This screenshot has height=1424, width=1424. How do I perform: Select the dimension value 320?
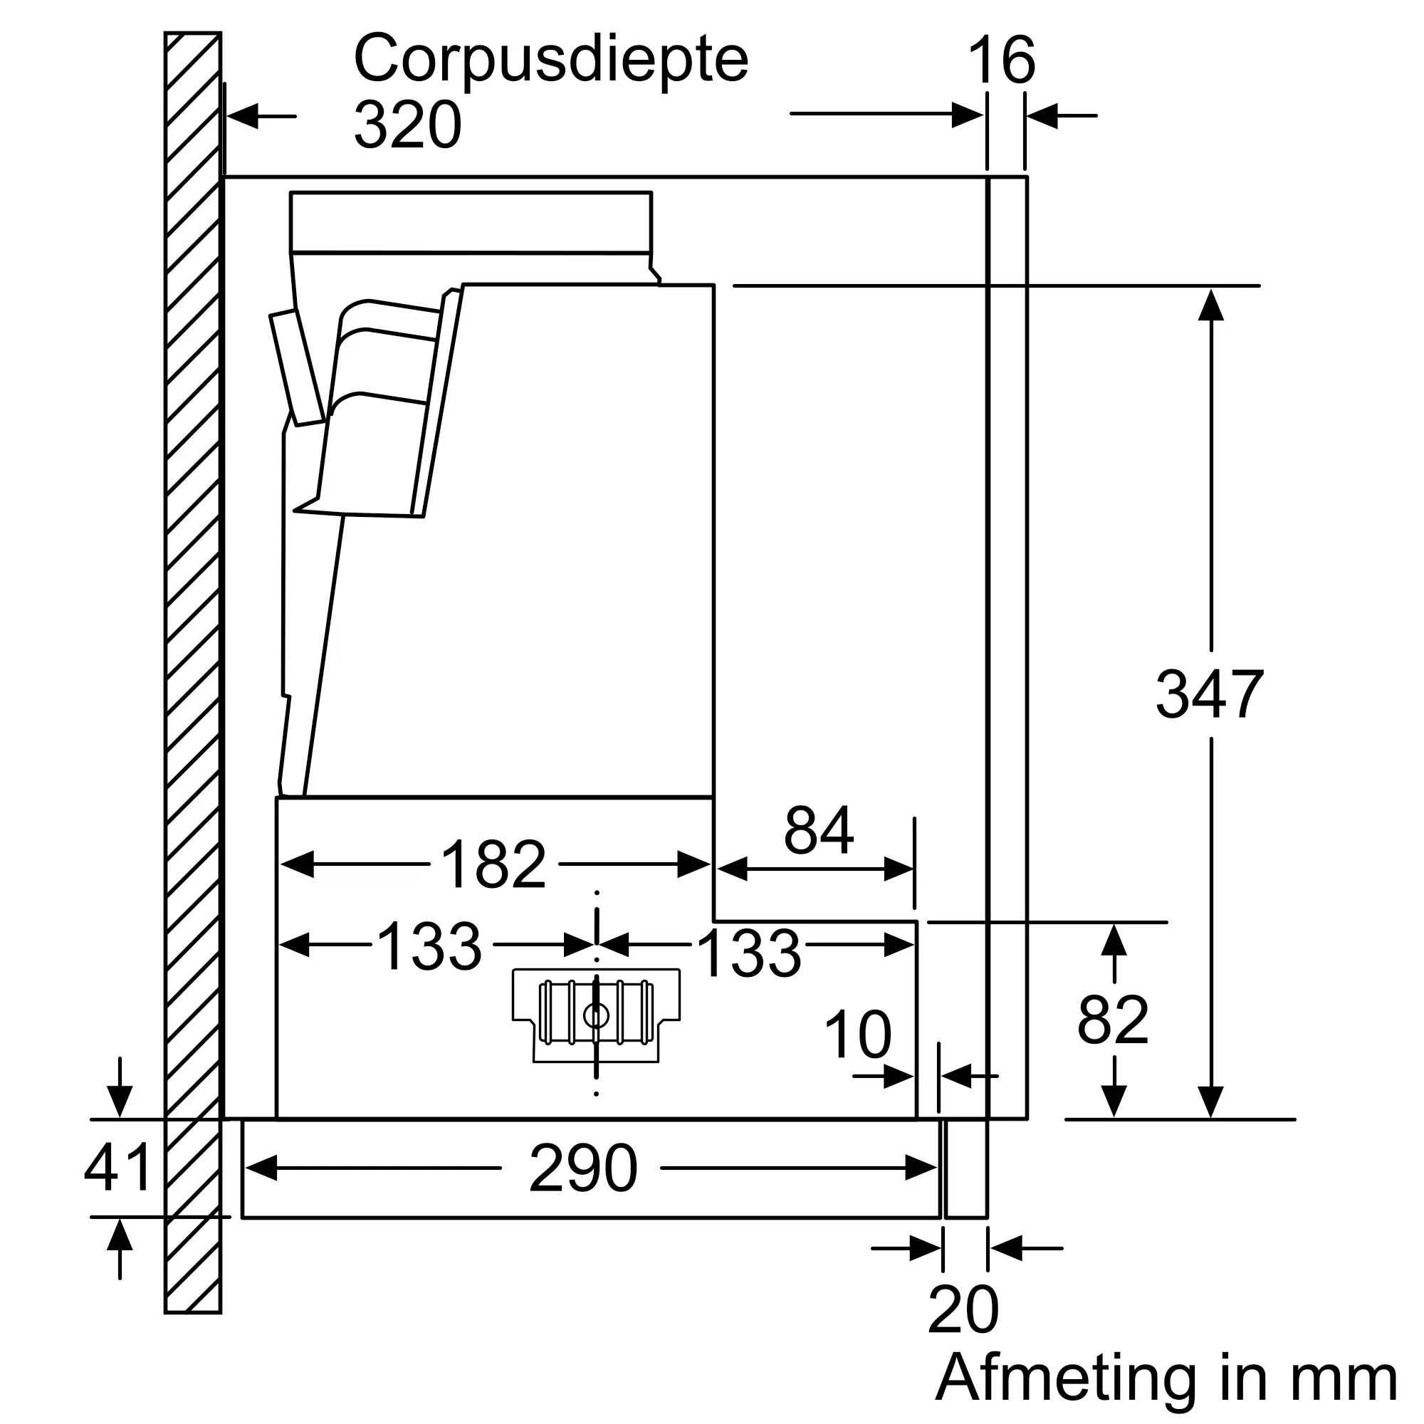(407, 125)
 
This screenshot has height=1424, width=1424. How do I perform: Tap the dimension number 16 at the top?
(1002, 61)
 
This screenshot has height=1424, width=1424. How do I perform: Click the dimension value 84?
(819, 830)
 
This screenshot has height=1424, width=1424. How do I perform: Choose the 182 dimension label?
(493, 864)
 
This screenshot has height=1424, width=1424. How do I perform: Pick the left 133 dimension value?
(429, 946)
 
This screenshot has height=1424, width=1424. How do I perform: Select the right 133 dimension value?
(749, 953)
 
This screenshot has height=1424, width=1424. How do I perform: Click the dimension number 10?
(858, 1034)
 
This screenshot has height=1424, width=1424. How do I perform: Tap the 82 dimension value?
(1113, 1020)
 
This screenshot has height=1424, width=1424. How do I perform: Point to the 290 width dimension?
(583, 1168)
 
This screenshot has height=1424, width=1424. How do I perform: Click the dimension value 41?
(118, 1167)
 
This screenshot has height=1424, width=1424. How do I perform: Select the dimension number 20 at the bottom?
(963, 1309)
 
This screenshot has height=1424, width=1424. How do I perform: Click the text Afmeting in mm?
(1167, 1379)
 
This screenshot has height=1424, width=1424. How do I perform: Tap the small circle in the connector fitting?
(595, 1017)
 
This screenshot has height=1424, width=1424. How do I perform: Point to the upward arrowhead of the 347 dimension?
(1211, 305)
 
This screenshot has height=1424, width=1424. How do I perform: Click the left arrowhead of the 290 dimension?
(261, 1168)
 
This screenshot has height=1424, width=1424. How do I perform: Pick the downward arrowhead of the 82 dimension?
(1114, 1101)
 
